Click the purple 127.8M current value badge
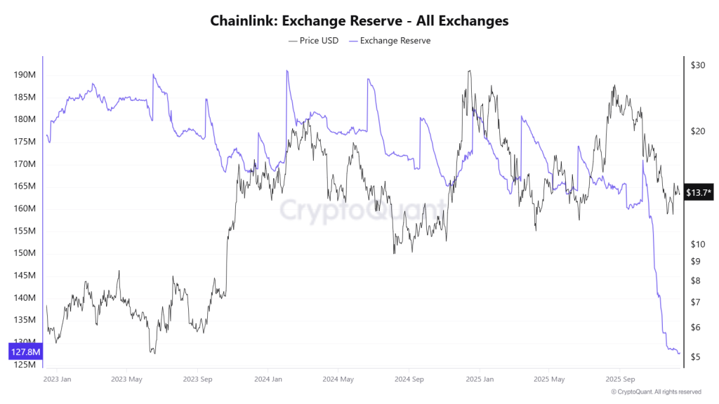coord(25,351)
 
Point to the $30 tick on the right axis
coord(697,65)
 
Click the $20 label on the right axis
coord(697,131)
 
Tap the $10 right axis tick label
coord(697,244)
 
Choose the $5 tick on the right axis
coord(694,357)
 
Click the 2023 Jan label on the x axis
coord(56,379)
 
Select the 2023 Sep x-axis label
coord(197,379)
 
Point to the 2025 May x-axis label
coord(548,379)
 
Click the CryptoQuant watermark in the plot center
coord(362,210)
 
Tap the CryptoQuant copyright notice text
coord(656,392)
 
